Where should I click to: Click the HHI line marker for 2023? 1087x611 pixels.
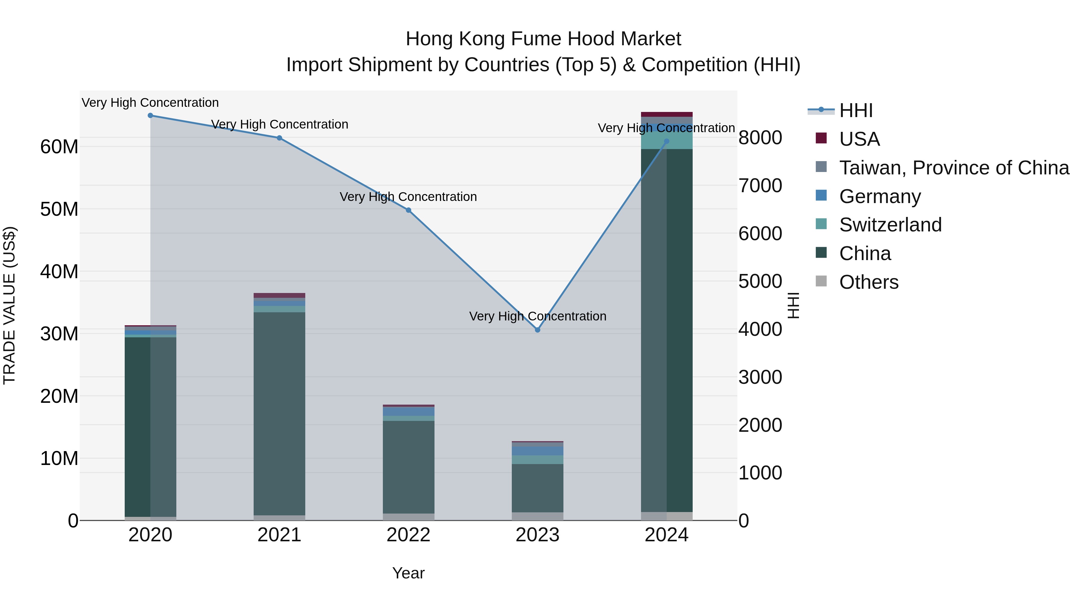(537, 330)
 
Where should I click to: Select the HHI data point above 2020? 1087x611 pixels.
(150, 116)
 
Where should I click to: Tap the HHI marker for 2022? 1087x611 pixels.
(408, 210)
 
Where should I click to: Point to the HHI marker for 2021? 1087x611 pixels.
(279, 138)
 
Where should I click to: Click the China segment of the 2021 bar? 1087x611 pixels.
(279, 413)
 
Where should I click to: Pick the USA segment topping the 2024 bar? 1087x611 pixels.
(666, 114)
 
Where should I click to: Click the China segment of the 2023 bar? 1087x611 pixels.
(537, 488)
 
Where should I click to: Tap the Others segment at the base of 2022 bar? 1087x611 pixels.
(408, 517)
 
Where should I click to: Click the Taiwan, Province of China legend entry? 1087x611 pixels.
(954, 168)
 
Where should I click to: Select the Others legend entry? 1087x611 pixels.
(868, 282)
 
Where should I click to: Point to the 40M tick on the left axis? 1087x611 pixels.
(59, 272)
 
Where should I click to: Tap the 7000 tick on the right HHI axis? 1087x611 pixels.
(760, 186)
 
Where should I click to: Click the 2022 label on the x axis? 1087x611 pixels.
(408, 535)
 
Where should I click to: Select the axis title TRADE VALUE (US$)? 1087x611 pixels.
(9, 305)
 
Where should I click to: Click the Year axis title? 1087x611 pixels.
(408, 573)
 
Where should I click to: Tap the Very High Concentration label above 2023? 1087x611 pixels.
(537, 316)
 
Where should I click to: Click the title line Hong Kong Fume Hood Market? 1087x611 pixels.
(543, 39)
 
